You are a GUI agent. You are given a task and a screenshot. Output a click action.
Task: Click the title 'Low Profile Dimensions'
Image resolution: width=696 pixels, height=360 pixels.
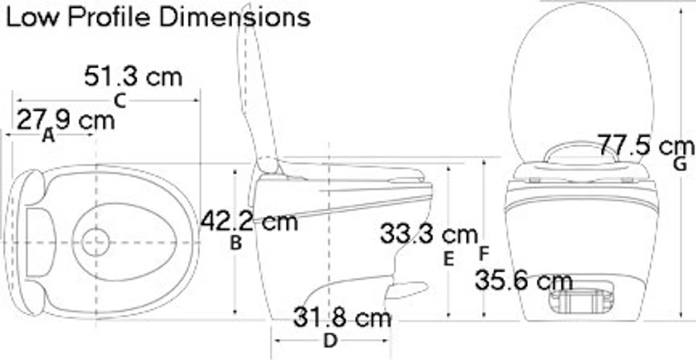158,17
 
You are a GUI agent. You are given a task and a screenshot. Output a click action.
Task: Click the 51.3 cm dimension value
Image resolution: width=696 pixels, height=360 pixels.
133,76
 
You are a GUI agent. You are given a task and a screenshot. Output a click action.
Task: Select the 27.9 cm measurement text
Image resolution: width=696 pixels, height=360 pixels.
66,120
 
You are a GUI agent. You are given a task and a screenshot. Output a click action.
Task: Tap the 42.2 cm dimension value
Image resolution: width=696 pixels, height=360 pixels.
249,221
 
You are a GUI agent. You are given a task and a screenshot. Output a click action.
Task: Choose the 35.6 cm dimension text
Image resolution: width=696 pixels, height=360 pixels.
524,281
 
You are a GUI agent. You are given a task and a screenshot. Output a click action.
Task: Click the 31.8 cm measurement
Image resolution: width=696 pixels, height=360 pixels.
343,317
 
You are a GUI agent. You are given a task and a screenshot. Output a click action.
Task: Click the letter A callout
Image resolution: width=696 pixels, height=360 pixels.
48,135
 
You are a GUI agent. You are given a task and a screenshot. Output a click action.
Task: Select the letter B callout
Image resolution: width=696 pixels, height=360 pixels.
236,243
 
